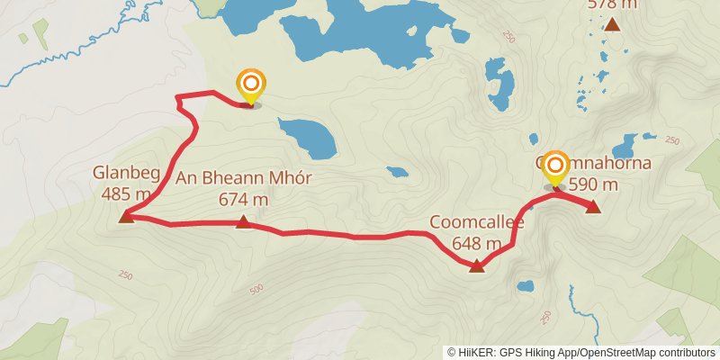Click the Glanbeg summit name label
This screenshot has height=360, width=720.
[x=125, y=172]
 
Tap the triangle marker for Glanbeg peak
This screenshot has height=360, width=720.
[x=126, y=216]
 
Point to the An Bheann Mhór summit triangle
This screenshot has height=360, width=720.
[x=244, y=221]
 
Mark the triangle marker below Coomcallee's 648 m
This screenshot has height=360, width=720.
[x=477, y=265]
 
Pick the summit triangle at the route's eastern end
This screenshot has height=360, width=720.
[x=593, y=207]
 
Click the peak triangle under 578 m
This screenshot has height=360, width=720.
[x=612, y=24]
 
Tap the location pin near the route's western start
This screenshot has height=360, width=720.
[x=252, y=86]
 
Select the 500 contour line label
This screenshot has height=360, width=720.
[x=256, y=289]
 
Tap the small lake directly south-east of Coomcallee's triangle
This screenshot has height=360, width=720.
[x=525, y=288]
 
